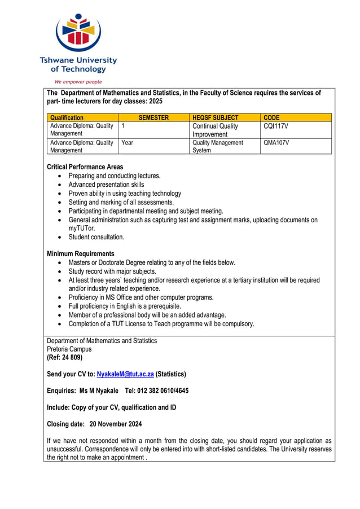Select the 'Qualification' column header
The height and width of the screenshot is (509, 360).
point(67,117)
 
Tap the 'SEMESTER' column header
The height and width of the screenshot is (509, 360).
point(153,117)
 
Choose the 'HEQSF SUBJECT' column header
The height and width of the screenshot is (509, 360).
point(215,117)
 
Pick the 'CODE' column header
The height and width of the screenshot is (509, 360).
point(271,117)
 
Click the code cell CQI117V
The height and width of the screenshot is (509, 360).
point(276,126)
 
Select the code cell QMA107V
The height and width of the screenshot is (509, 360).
point(276,143)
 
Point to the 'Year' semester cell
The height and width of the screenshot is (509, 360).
point(128,143)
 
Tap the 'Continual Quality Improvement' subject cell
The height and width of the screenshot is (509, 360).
point(215,130)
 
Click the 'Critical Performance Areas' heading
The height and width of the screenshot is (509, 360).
point(85,167)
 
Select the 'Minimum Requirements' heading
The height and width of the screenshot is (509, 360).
point(80,254)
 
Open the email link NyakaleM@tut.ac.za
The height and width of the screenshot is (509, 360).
point(125,374)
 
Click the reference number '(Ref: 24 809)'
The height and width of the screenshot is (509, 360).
point(64,358)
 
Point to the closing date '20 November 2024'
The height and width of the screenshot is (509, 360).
point(116,424)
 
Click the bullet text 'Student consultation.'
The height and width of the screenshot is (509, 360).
point(96,237)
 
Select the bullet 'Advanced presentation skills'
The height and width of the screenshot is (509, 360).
point(106,185)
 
